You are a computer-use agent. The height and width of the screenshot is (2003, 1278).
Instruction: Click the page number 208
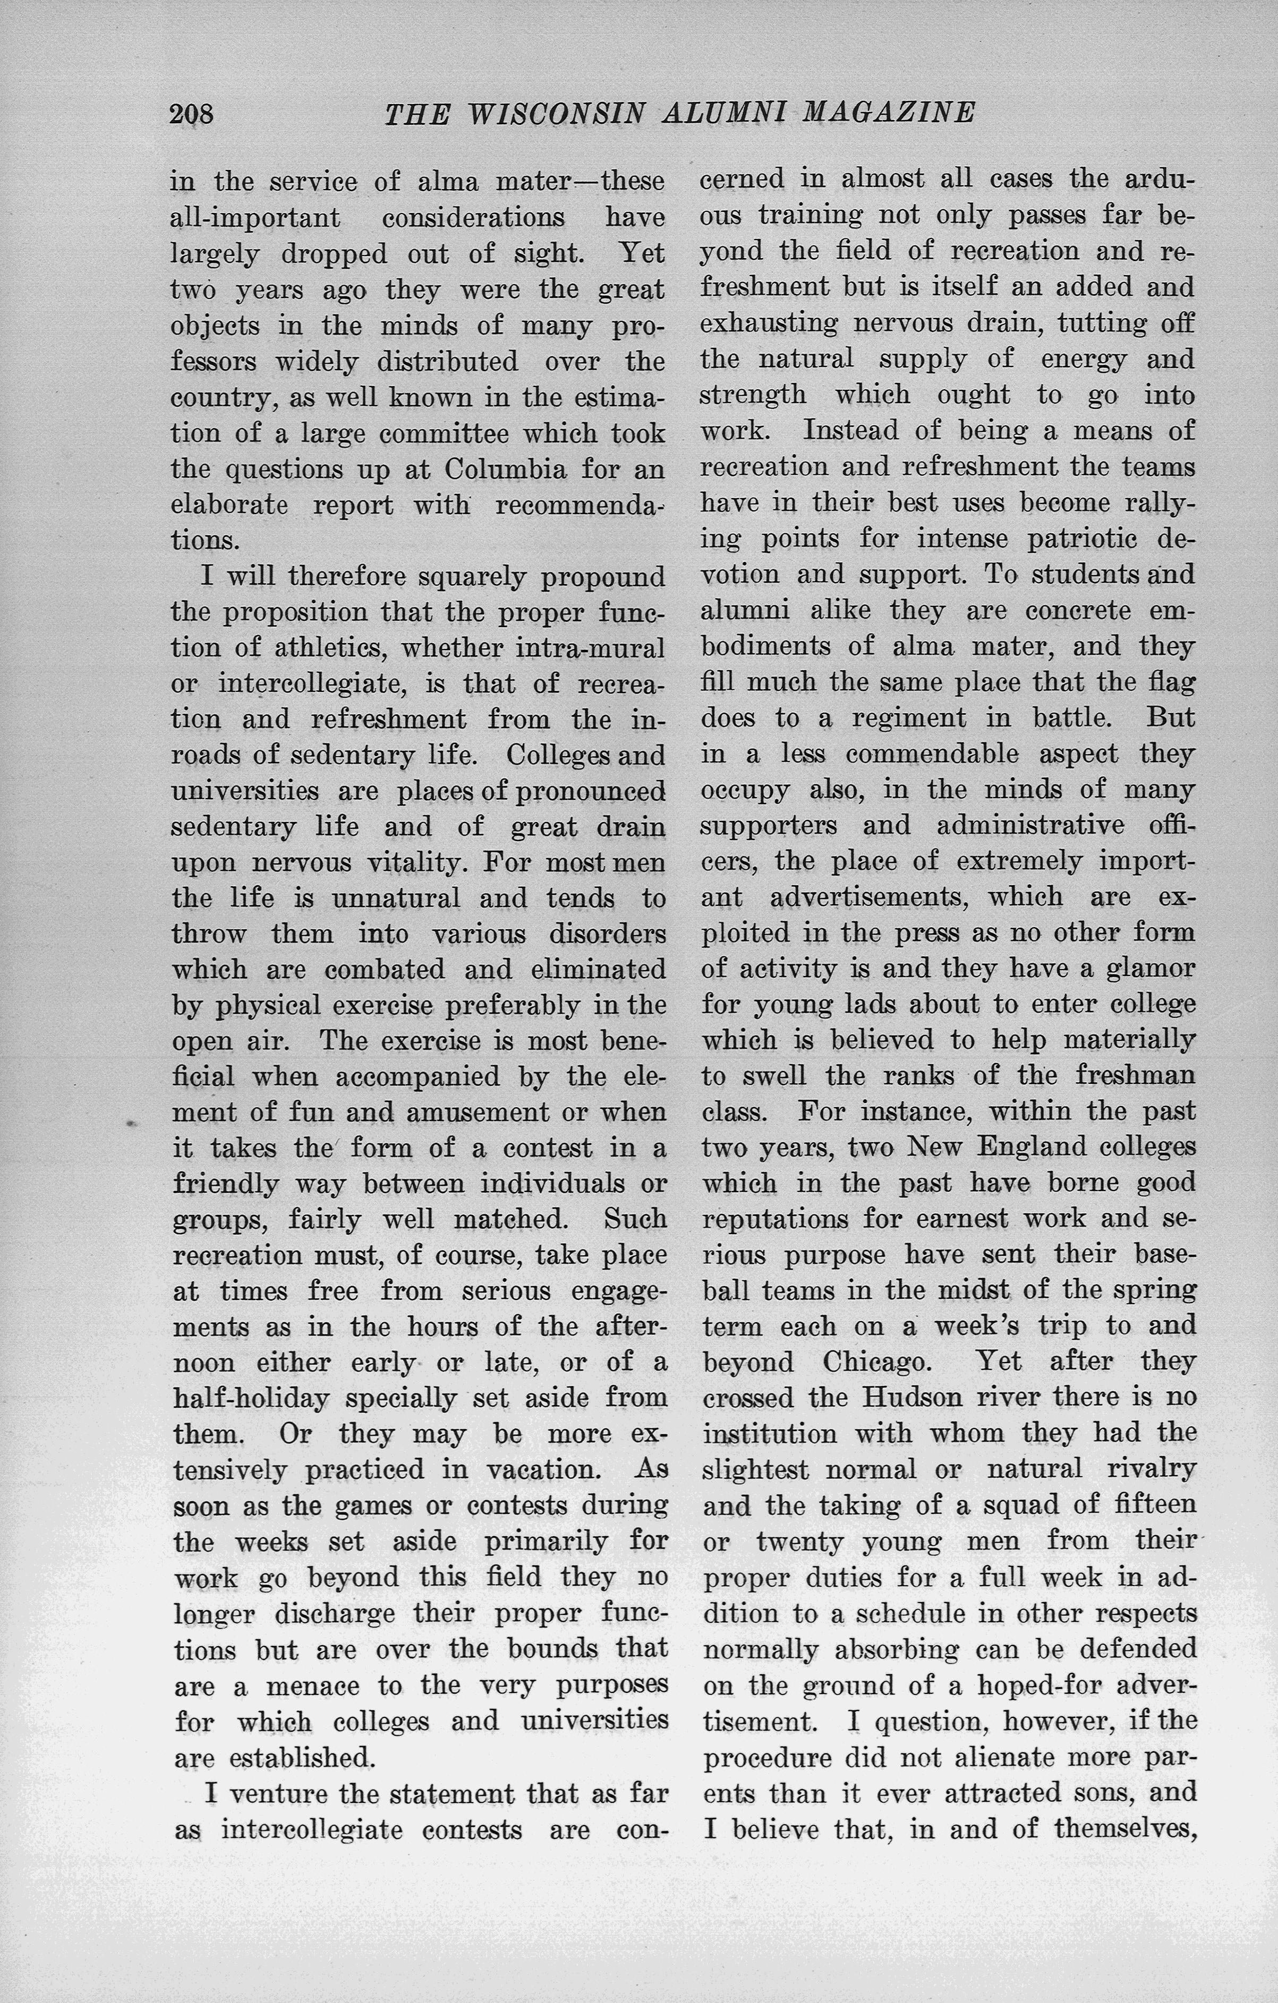191,113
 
